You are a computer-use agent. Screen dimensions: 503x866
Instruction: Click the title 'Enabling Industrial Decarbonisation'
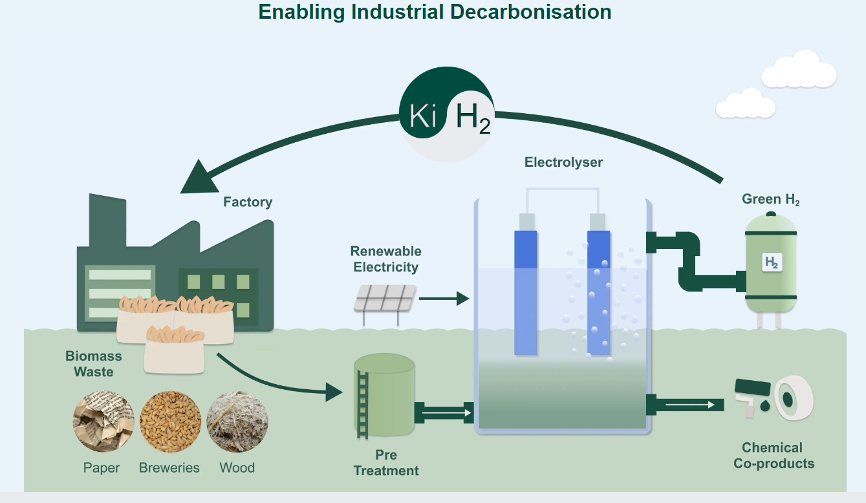click(435, 12)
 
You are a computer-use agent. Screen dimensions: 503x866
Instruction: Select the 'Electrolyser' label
click(563, 162)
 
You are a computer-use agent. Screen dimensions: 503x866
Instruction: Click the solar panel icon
click(385, 299)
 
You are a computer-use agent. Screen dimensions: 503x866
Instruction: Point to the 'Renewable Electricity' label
click(385, 259)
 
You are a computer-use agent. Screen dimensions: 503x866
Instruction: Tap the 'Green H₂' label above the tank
click(770, 199)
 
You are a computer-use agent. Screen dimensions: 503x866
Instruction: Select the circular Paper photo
click(103, 421)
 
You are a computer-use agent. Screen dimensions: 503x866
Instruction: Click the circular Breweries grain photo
click(169, 421)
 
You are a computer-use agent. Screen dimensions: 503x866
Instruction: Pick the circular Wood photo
click(237, 421)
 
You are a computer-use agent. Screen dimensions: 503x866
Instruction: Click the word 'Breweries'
click(169, 467)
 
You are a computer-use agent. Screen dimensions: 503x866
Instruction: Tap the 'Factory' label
click(248, 202)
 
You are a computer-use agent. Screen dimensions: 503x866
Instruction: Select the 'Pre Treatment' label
click(386, 462)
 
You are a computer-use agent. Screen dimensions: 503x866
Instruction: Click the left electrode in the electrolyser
click(526, 291)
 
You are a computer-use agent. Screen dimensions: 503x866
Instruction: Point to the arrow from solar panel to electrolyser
click(444, 299)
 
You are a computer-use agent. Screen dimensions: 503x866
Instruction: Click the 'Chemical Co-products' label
click(774, 455)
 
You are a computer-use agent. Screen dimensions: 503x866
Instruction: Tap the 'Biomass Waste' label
click(94, 364)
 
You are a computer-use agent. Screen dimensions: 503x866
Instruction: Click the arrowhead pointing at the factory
click(198, 177)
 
